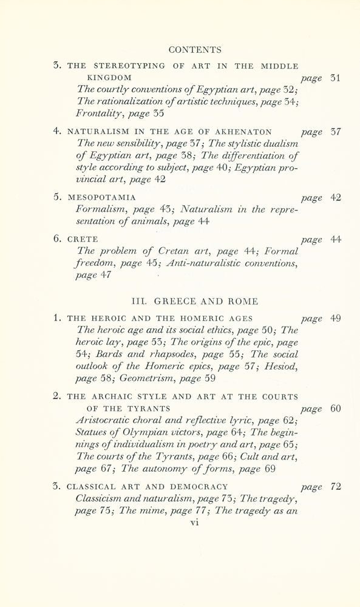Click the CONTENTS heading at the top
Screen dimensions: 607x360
[x=195, y=50]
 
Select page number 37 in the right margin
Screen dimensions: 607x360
[x=335, y=132]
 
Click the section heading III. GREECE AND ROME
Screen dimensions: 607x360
[x=195, y=301]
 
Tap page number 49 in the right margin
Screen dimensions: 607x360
[x=335, y=318]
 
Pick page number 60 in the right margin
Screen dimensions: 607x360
[x=335, y=409]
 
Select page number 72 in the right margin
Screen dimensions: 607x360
[x=335, y=486]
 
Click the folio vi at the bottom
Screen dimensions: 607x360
[x=195, y=521]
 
